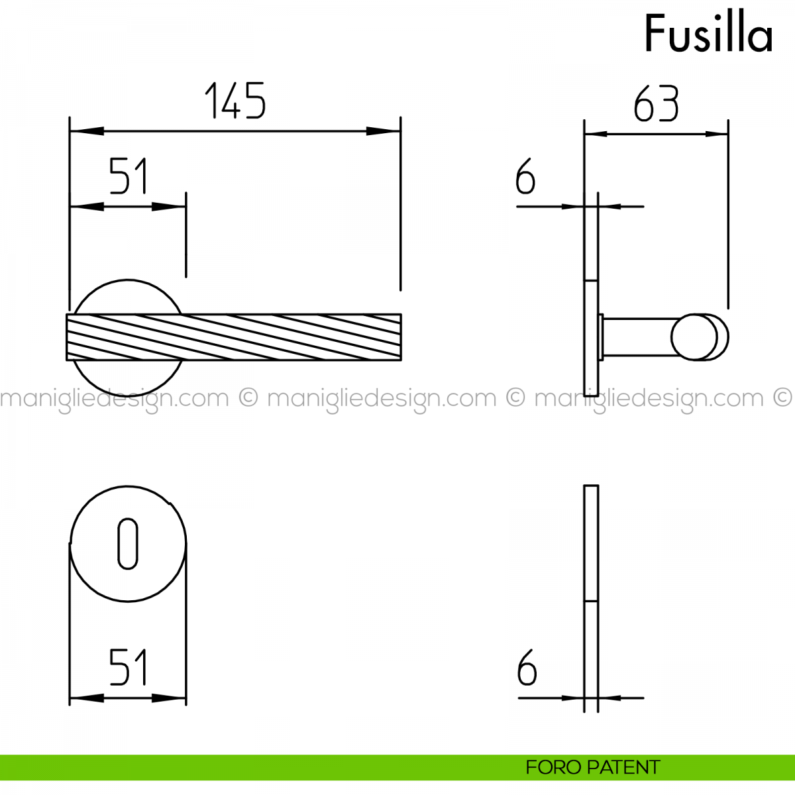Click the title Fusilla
708,33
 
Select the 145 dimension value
235,101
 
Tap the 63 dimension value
656,103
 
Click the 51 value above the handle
128,176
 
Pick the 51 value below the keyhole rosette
128,667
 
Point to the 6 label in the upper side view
525,176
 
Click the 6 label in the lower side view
527,667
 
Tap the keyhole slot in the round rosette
127,544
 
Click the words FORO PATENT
593,767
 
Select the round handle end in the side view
700,337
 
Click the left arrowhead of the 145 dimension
87,131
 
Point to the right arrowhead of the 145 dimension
384,131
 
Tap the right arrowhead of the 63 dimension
717,134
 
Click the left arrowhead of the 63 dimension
596,134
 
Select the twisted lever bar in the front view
234,337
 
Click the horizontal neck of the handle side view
639,337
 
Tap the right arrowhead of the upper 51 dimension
169,206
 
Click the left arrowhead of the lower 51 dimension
87,698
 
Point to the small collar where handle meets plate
601,337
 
